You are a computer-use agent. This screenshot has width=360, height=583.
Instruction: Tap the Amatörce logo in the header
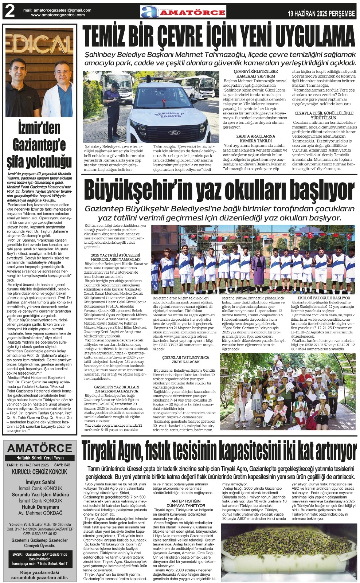(x=183, y=12)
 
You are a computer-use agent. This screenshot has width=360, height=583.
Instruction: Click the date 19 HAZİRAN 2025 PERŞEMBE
(x=321, y=14)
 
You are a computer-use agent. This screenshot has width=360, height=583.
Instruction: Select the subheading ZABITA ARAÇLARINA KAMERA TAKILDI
(x=255, y=138)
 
